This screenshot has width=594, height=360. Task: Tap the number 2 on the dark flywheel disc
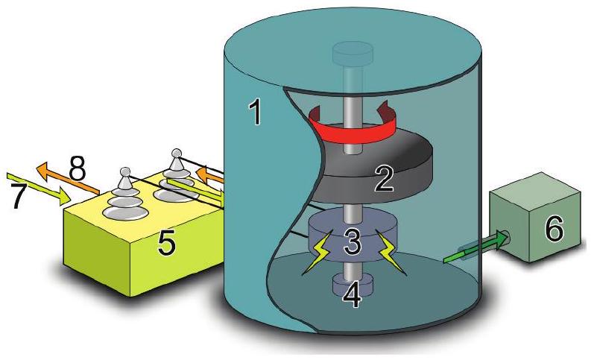pyautogui.click(x=383, y=179)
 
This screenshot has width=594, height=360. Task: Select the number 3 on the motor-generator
pyautogui.click(x=352, y=241)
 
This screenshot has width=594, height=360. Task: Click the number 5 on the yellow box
pyautogui.click(x=167, y=243)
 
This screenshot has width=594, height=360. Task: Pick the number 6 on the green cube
pyautogui.click(x=555, y=229)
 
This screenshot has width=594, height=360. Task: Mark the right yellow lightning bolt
pyautogui.click(x=391, y=254)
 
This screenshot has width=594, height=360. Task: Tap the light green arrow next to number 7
pyautogui.click(x=39, y=189)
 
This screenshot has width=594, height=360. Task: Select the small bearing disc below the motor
pyautogui.click(x=353, y=285)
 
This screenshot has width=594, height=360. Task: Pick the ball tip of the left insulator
pyautogui.click(x=125, y=171)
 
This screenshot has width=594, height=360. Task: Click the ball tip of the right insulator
pyautogui.click(x=176, y=154)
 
